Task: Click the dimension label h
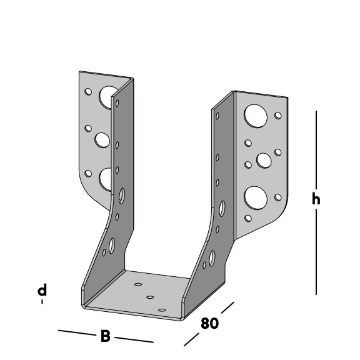(316, 198)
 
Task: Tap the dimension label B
(106, 336)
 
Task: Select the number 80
(209, 323)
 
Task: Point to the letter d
(42, 290)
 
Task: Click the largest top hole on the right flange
(256, 116)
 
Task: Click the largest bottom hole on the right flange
(256, 198)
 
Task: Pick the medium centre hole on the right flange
(264, 161)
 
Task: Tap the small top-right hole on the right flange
(278, 116)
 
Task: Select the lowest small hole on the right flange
(248, 218)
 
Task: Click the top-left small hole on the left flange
(88, 92)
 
